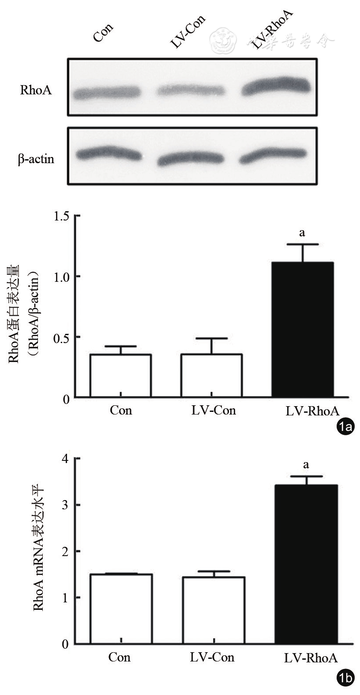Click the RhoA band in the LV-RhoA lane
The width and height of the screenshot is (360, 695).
coord(275,86)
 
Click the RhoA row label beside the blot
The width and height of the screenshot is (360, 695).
coord(36,91)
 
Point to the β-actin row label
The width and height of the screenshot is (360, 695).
coord(36,159)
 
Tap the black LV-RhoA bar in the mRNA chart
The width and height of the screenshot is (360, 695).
coord(306,564)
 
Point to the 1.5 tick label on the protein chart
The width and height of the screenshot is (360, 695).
coord(61,216)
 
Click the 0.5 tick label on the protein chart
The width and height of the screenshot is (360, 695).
coord(61,337)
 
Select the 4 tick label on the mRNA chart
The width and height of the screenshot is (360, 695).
coord(65,459)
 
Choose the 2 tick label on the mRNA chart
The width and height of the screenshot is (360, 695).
coord(65,551)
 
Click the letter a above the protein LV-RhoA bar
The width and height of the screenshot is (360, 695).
coord(302,232)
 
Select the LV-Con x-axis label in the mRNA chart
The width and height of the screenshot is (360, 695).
coord(212,658)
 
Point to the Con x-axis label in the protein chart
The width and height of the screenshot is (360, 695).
coord(121,411)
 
